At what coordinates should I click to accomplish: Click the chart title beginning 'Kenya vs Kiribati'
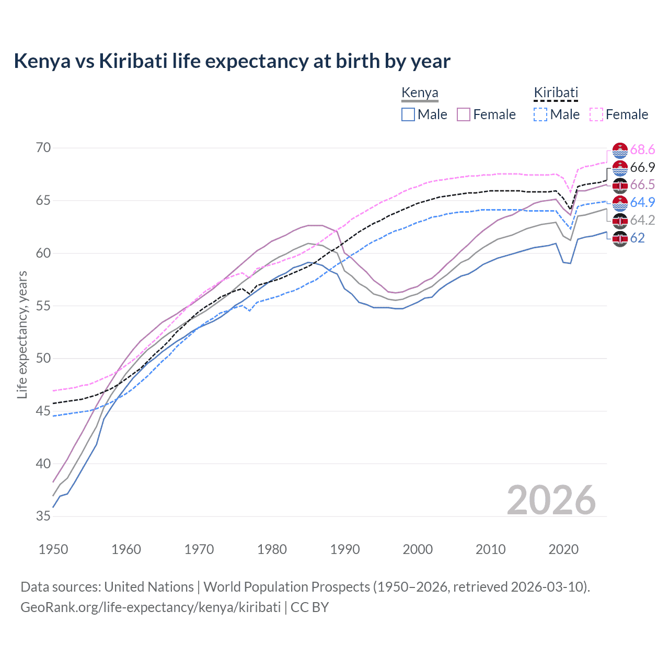click(x=232, y=61)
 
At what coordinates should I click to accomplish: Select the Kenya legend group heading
click(x=420, y=93)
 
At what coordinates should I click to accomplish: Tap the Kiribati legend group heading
click(x=556, y=93)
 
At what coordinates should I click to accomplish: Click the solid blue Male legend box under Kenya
click(x=408, y=114)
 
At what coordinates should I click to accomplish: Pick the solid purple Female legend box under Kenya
click(x=464, y=114)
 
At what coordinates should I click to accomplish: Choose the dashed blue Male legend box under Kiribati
click(x=540, y=114)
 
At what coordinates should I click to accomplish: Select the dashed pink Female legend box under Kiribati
click(x=596, y=114)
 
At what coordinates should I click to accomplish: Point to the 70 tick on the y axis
click(x=43, y=148)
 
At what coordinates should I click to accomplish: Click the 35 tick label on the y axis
click(x=43, y=516)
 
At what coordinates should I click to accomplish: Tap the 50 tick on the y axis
click(x=43, y=359)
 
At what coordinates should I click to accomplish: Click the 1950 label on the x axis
click(x=53, y=549)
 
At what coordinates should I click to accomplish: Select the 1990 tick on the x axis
click(x=345, y=549)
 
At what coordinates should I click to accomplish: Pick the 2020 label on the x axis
click(x=563, y=549)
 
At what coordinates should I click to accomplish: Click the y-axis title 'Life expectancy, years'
click(x=22, y=334)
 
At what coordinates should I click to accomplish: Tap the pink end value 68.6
click(x=642, y=150)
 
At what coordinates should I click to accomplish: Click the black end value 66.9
click(x=642, y=167)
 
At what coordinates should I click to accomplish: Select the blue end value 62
click(x=638, y=238)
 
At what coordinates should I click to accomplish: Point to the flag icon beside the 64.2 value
click(x=620, y=221)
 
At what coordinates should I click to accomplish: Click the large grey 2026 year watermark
click(x=551, y=500)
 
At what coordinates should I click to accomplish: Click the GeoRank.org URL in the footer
click(x=151, y=607)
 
